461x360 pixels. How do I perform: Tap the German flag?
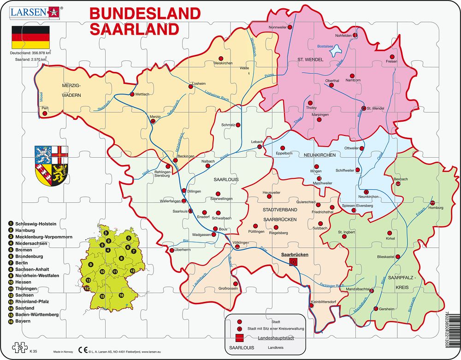pos(30,37)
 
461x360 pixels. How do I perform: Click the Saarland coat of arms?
pos(51,163)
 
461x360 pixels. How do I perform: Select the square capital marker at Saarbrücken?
pos(293,262)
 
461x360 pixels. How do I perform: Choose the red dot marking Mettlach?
pos(132,94)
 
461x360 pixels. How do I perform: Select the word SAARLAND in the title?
pos(134,29)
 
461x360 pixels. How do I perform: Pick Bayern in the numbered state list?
pos(23,321)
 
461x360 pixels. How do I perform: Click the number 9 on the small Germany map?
pos(91,264)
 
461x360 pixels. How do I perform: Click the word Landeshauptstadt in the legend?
pos(275,338)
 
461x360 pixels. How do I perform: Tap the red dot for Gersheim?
pos(376,308)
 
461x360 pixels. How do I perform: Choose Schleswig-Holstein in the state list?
pos(35,224)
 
